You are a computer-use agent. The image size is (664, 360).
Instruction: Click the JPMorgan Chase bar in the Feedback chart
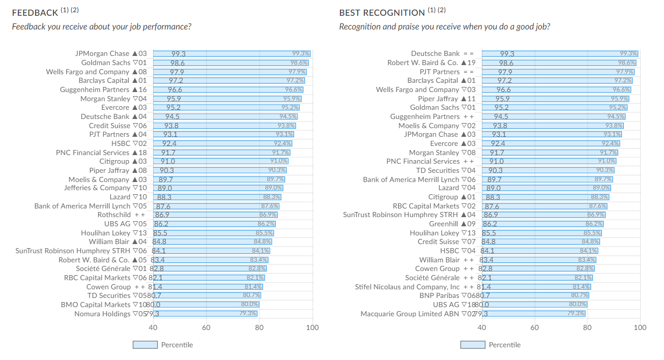[x=232, y=53]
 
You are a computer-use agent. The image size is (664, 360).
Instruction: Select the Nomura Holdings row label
[x=102, y=314]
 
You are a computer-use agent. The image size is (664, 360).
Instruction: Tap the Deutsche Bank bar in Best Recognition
[x=560, y=53]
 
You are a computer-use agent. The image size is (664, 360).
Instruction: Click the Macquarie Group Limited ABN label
[x=410, y=314]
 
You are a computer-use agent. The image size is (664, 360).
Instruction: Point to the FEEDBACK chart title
[x=35, y=13]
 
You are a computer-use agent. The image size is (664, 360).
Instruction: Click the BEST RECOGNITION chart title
[x=382, y=13]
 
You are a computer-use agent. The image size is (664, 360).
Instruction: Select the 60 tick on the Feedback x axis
[x=206, y=327]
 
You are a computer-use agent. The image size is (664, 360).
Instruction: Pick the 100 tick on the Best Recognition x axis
[x=640, y=327]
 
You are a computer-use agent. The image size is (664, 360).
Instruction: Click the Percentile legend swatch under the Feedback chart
[x=145, y=345]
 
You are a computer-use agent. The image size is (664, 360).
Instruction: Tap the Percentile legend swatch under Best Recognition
[x=473, y=345]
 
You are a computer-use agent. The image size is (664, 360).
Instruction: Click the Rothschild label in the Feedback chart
[x=114, y=215]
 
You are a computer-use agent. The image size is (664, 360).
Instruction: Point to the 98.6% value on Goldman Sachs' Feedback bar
[x=299, y=63]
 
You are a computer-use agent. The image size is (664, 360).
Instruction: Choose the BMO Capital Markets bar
[x=206, y=305]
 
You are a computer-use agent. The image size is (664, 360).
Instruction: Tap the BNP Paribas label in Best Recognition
[x=439, y=295]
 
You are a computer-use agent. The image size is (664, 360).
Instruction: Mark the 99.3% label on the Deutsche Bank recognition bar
[x=628, y=53]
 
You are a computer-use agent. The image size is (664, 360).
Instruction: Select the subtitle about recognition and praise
[x=444, y=26]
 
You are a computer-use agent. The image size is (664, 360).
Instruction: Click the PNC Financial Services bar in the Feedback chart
[x=221, y=153]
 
